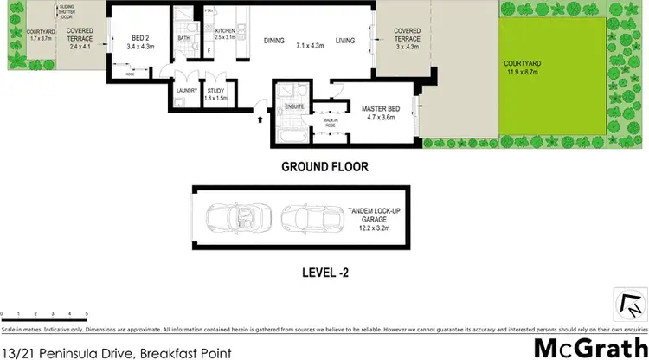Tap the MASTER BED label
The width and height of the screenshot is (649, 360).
point(379,108)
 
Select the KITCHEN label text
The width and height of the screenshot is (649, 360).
point(225,30)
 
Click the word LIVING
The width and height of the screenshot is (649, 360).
point(346,40)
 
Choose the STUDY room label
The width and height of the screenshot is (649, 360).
point(215,90)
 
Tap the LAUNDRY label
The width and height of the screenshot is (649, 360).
point(187,90)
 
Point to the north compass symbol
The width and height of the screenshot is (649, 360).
point(633,304)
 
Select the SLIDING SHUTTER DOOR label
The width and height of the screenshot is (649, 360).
point(66,12)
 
